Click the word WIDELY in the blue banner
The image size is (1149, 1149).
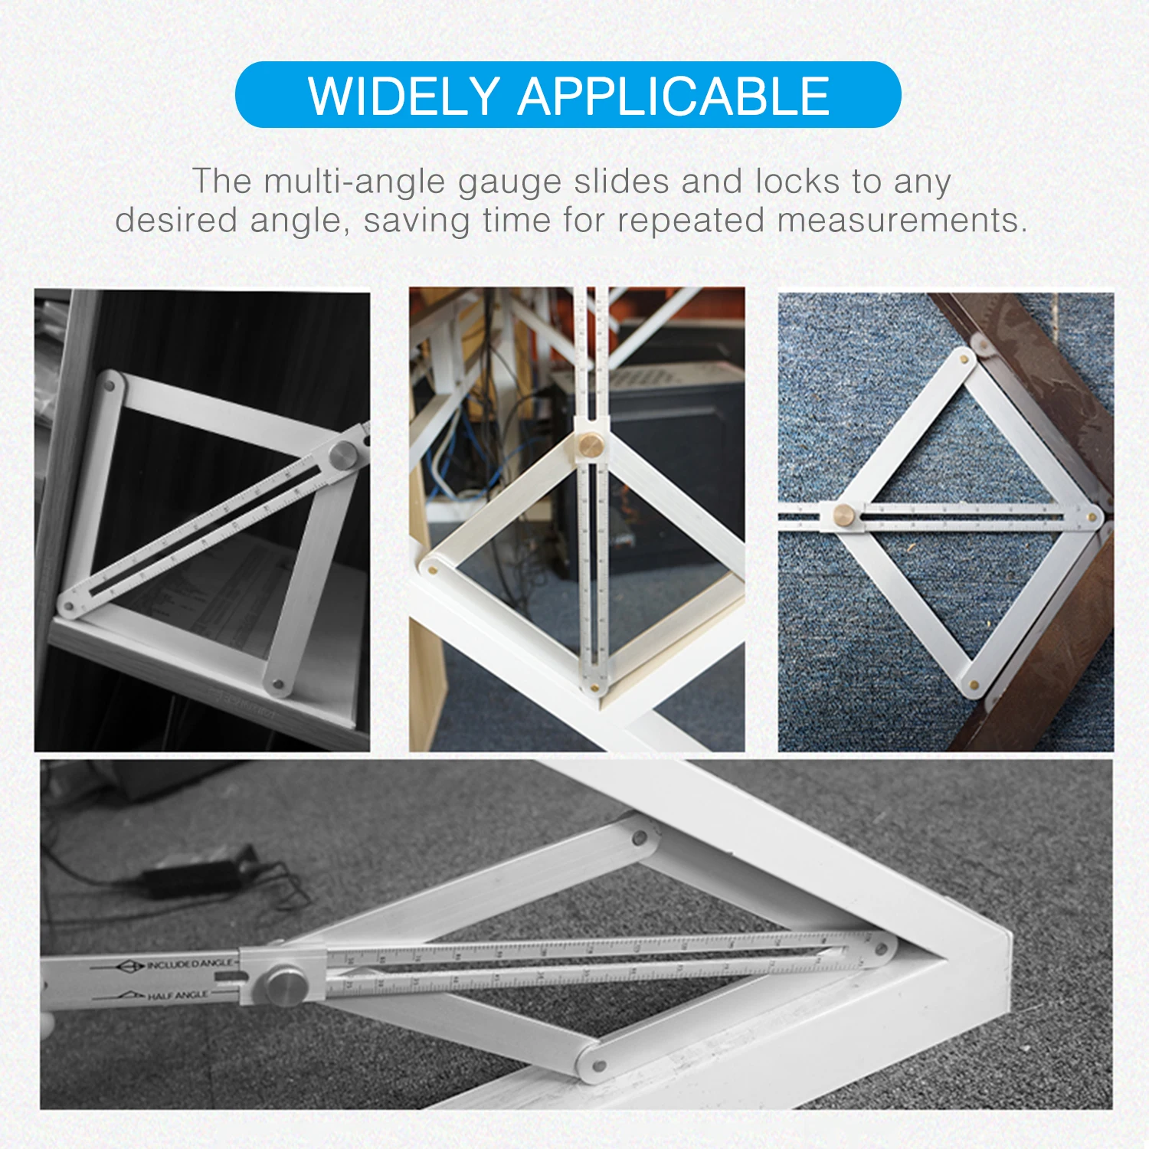click(403, 96)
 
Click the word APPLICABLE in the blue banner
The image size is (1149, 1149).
click(674, 96)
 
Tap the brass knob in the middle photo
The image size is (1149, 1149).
click(590, 444)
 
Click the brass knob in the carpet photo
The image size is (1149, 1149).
click(845, 512)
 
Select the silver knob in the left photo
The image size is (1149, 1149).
click(342, 454)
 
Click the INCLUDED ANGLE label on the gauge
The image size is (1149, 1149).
click(188, 964)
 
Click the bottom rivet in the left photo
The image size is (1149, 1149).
click(277, 684)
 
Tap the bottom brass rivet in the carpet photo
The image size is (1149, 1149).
click(973, 685)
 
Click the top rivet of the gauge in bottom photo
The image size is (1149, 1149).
click(638, 838)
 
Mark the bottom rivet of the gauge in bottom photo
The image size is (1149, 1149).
click(600, 1066)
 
